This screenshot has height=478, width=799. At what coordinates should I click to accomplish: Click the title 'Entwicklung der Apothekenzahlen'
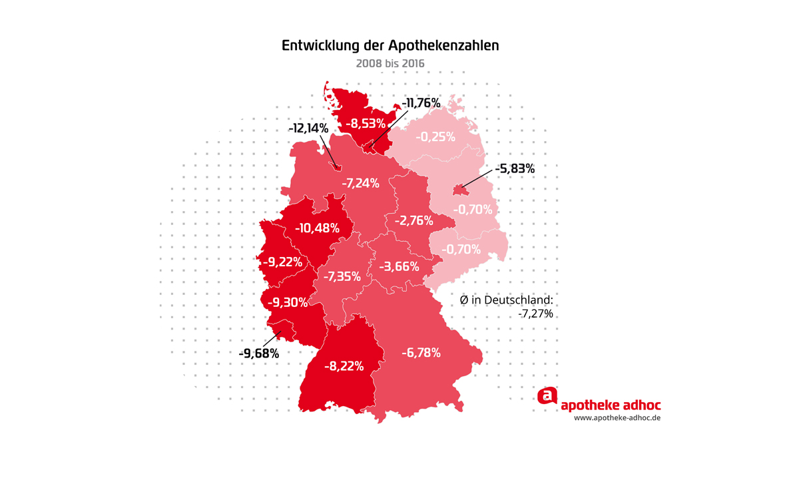[390, 47]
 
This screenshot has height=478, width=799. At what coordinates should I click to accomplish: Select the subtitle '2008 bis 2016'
[390, 63]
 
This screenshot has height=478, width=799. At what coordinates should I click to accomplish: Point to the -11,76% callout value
[421, 103]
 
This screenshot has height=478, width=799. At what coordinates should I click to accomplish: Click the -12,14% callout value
[308, 127]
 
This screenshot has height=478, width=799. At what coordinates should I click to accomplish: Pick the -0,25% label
[435, 137]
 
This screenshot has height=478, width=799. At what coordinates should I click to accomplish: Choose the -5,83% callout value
[515, 169]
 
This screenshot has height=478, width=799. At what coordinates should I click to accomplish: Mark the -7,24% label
[360, 182]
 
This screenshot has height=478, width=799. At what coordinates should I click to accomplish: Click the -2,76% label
[414, 220]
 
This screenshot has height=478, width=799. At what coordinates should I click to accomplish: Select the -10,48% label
[317, 228]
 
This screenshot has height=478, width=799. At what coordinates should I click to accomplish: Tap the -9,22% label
[282, 262]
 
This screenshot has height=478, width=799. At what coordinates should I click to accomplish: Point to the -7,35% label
[342, 276]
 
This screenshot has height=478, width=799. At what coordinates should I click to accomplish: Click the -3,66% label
[400, 267]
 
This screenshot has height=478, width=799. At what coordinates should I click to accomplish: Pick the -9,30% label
[288, 302]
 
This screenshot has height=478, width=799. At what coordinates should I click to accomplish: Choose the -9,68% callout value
[258, 353]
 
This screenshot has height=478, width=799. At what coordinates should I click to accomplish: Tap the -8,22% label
[344, 365]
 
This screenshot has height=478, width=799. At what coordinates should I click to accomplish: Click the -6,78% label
[421, 353]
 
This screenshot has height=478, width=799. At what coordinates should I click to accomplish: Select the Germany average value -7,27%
[535, 313]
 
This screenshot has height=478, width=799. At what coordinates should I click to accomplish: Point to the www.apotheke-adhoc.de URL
[617, 418]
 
